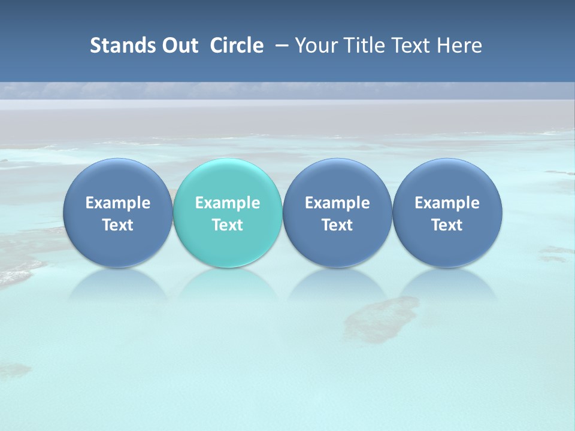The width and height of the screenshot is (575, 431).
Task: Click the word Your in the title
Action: pos(316,45)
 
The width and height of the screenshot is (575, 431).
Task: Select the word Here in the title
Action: pos(462,45)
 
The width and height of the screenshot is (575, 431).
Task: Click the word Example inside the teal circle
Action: pos(228,203)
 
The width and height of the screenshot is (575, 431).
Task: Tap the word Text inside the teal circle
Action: pos(228,225)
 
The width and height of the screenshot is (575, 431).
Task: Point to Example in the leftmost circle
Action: pos(117,203)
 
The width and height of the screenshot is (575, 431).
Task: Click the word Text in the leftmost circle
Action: pos(117,225)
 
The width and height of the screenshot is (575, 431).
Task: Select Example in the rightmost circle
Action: pos(447,203)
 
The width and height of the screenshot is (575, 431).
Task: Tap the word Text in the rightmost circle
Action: pos(447,225)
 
